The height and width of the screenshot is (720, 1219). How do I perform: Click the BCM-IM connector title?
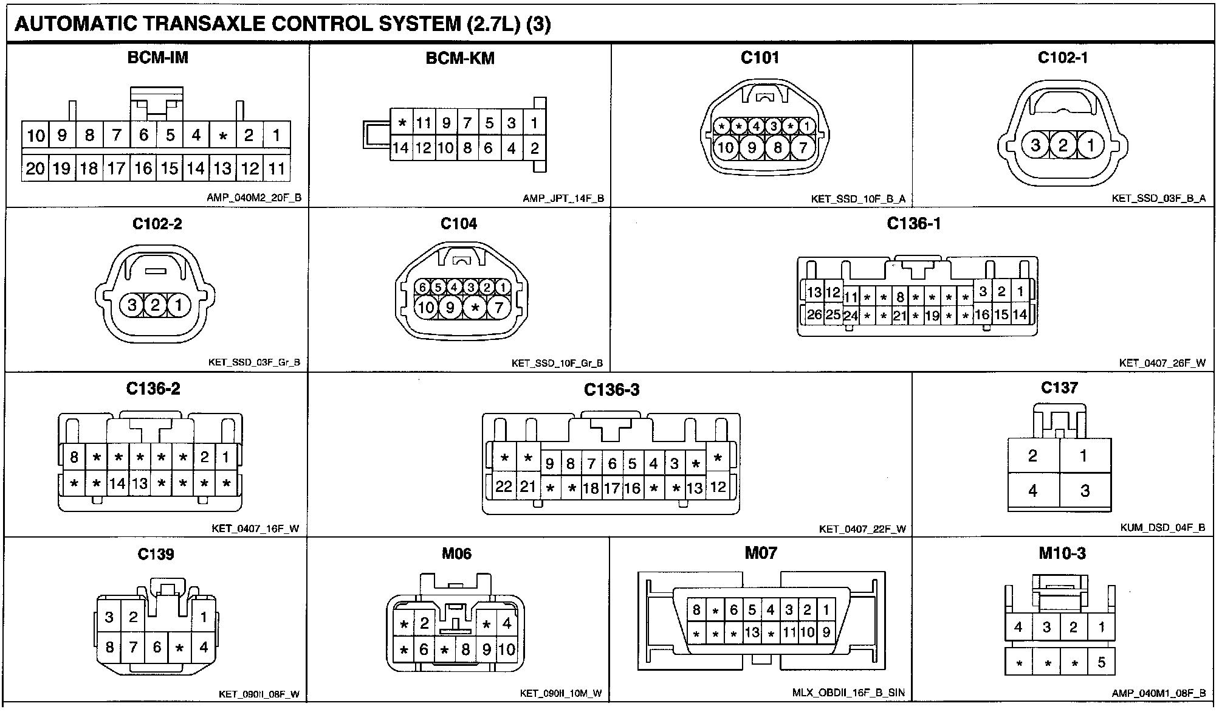coord(158,58)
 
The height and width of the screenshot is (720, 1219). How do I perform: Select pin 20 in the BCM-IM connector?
coord(35,168)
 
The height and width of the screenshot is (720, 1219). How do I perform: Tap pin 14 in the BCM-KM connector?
coord(400,148)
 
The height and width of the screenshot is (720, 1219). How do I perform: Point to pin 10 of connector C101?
coord(726,147)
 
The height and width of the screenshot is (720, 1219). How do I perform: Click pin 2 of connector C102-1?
coord(1063,145)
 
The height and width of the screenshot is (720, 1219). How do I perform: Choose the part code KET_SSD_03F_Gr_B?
coord(254,363)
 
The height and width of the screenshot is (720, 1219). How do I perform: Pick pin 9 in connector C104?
coord(450,308)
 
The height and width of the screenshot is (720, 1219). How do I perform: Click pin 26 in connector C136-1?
coord(814,314)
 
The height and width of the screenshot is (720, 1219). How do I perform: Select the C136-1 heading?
coord(914,224)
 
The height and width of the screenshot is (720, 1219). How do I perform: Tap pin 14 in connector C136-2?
coord(117,483)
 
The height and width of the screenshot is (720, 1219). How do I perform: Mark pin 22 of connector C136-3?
coord(504,486)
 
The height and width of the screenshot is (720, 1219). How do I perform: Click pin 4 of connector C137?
coord(1032,490)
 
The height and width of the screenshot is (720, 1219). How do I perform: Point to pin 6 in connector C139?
coord(157,647)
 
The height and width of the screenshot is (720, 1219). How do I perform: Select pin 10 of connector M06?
coord(507,649)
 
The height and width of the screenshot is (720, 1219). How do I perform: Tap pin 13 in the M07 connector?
coord(752,632)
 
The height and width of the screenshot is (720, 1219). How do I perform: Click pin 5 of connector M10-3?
coord(1101,662)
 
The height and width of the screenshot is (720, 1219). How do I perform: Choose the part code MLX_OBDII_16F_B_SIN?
coord(848,693)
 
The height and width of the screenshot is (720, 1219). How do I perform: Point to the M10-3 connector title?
coord(1062,553)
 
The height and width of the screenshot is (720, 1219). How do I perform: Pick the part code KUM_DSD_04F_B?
coord(1162,528)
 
